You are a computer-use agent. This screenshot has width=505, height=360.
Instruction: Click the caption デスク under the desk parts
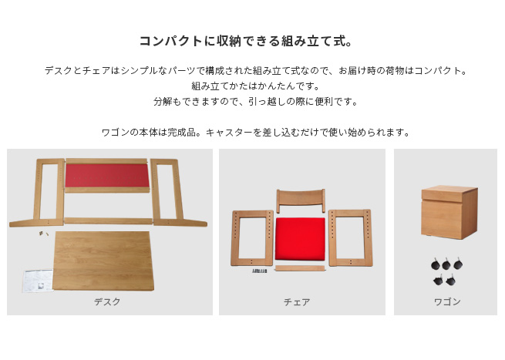[107, 301]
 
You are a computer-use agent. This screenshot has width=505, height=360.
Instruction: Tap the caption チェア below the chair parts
[297, 302]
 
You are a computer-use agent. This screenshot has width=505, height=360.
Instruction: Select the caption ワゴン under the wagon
[447, 301]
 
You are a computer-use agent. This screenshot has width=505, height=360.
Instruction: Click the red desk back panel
[107, 175]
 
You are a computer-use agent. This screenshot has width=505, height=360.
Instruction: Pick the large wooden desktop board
[104, 261]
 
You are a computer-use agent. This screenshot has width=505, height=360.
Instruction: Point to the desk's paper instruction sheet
[38, 281]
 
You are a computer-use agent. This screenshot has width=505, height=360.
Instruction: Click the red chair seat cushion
[300, 238]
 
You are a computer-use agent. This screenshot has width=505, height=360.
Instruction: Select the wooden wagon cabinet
[449, 213]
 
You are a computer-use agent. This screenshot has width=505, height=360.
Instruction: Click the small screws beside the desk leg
[43, 233]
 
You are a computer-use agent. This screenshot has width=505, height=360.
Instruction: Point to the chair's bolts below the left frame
[260, 271]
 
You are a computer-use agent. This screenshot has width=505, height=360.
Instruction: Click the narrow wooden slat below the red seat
[300, 268]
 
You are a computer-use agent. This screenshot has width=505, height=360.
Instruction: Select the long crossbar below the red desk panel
[108, 220]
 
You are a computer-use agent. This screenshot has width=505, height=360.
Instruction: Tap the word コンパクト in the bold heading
[170, 41]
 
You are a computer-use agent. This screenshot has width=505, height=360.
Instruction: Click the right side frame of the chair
[350, 237]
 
